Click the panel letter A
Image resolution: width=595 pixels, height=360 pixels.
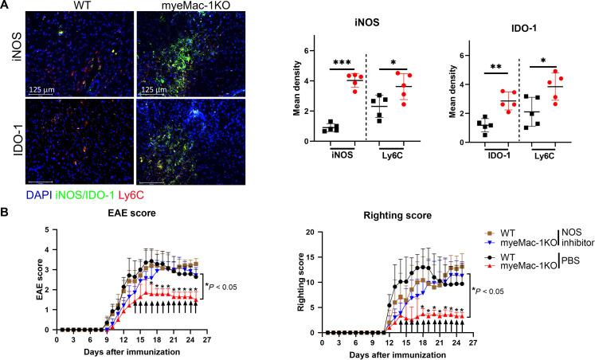(6, 6)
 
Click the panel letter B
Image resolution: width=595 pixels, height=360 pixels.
(6, 192)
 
